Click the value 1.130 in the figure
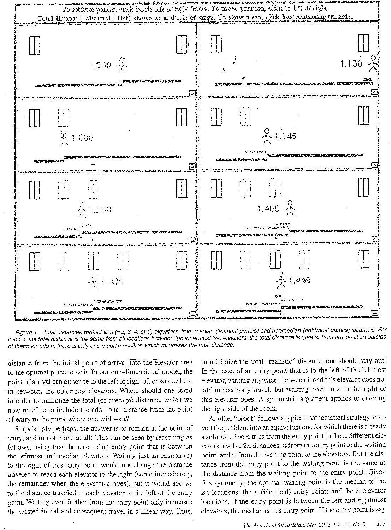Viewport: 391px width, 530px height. click(351, 64)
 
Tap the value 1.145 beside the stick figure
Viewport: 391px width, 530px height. click(285, 136)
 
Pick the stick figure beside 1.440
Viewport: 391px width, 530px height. click(281, 280)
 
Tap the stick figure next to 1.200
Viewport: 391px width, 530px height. click(82, 210)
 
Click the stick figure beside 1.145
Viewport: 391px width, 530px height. click(267, 136)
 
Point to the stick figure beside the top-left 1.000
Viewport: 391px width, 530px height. click(122, 65)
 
